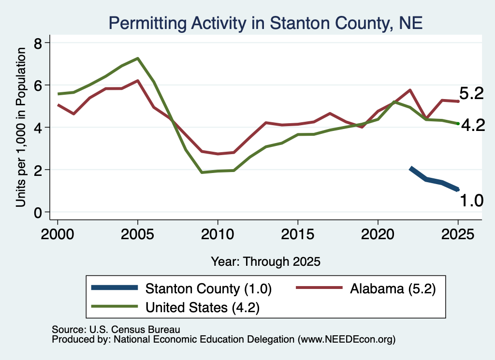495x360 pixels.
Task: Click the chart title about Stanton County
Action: point(265,23)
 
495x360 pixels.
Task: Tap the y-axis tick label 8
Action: point(38,43)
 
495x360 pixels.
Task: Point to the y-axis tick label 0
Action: point(38,213)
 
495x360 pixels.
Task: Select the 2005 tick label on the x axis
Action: point(137,234)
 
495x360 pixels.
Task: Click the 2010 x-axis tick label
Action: point(218,234)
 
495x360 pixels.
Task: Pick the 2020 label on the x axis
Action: point(378,234)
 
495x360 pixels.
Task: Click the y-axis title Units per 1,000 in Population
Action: point(21,127)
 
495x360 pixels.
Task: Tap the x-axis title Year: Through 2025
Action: point(265,261)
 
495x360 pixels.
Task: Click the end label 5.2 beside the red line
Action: point(471,93)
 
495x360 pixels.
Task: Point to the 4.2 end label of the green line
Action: point(473,125)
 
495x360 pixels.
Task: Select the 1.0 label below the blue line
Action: point(472,201)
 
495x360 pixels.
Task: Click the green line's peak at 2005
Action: point(138,58)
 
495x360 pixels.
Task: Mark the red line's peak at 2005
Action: point(138,80)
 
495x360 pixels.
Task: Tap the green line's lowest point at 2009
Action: point(202,173)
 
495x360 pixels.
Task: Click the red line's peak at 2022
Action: point(410,90)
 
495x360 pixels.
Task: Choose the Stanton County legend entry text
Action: point(208,288)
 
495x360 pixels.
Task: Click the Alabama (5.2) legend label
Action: point(393,288)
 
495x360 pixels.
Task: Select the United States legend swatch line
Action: point(114,306)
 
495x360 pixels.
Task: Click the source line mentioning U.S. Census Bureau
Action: point(116,330)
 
